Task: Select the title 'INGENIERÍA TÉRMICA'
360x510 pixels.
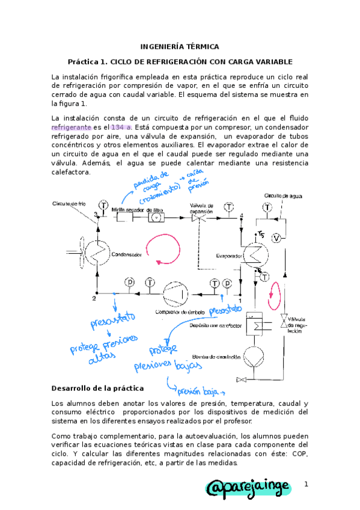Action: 180,46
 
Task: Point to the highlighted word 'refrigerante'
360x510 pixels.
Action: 72,127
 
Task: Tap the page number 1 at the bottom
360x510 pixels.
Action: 306,484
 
